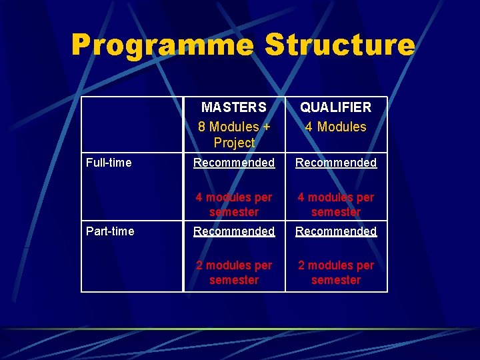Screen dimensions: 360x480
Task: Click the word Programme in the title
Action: [162, 46]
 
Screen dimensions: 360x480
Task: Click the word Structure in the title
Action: [339, 46]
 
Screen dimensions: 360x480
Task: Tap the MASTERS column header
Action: [234, 107]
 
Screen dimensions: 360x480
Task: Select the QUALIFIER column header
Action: [336, 107]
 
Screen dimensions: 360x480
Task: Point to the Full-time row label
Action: [109, 163]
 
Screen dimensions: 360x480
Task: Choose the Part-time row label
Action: [110, 231]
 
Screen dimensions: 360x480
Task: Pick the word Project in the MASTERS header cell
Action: [234, 143]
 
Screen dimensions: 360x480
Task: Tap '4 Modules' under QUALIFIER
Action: [336, 127]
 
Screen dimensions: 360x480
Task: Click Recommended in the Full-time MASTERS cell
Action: [234, 163]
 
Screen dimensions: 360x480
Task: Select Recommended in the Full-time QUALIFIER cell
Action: [336, 163]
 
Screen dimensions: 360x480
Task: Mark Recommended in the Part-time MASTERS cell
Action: [234, 231]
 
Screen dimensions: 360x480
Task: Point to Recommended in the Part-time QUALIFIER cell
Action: [336, 231]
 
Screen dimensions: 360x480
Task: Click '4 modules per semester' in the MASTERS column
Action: [234, 205]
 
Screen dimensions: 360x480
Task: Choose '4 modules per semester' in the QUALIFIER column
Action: [336, 205]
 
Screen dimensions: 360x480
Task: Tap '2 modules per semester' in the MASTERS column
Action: [234, 273]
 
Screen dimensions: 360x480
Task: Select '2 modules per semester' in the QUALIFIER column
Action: [336, 273]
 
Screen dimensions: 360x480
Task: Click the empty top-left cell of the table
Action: [132, 125]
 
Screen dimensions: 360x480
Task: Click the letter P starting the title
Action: [83, 46]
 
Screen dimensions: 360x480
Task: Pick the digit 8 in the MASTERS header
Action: [202, 127]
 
